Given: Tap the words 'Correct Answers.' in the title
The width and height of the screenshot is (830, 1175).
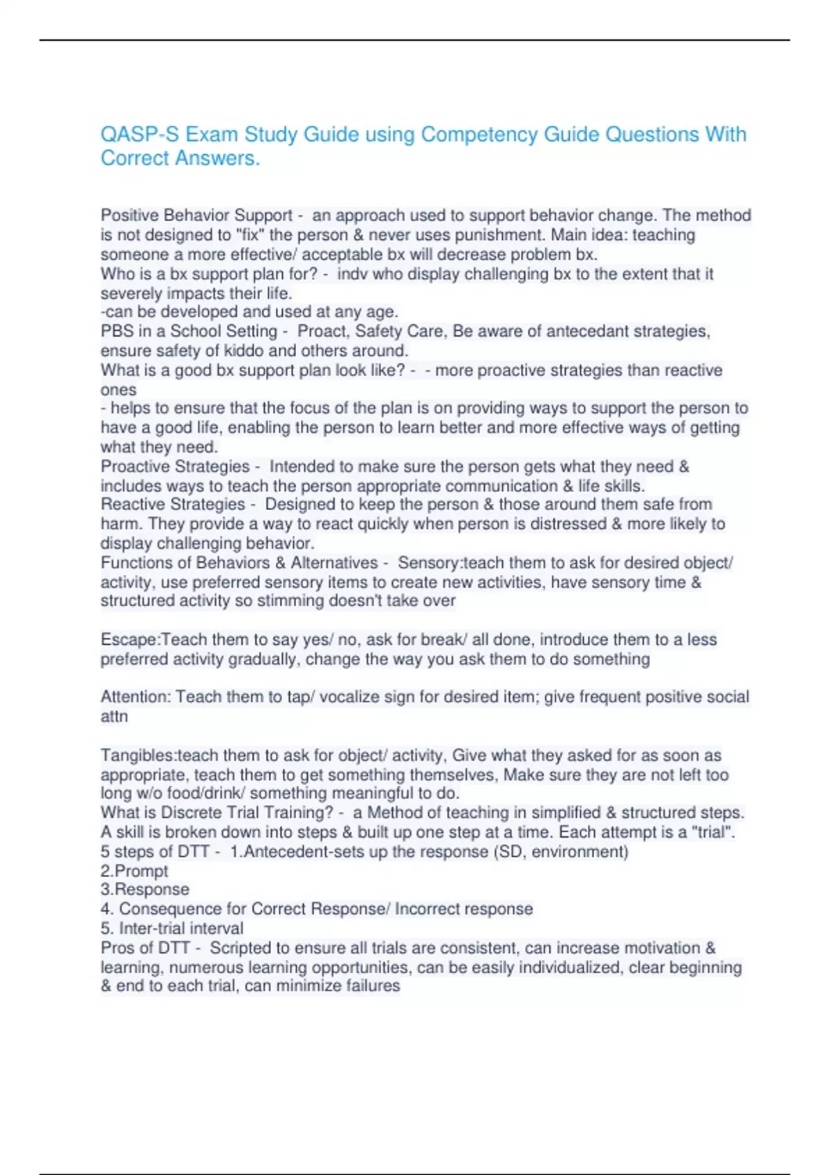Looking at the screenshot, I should pyautogui.click(x=181, y=158).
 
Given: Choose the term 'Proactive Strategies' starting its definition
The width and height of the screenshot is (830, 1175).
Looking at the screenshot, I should pyautogui.click(x=175, y=467).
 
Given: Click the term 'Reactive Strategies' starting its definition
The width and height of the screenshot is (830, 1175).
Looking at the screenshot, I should pyautogui.click(x=173, y=505).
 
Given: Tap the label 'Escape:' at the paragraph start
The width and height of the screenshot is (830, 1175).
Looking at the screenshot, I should pyautogui.click(x=130, y=639).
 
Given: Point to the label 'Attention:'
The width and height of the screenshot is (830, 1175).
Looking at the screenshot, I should pyautogui.click(x=136, y=697).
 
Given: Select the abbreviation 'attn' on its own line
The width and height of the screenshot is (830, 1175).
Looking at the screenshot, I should pyautogui.click(x=114, y=717).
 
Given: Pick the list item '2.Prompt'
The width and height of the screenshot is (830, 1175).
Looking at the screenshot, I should pyautogui.click(x=134, y=871).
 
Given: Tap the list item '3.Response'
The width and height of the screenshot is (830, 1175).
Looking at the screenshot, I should pyautogui.click(x=145, y=890).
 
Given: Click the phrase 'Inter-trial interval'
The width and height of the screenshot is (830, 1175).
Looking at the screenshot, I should pyautogui.click(x=181, y=928).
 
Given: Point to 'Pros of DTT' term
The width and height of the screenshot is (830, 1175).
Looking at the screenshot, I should pyautogui.click(x=145, y=948).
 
